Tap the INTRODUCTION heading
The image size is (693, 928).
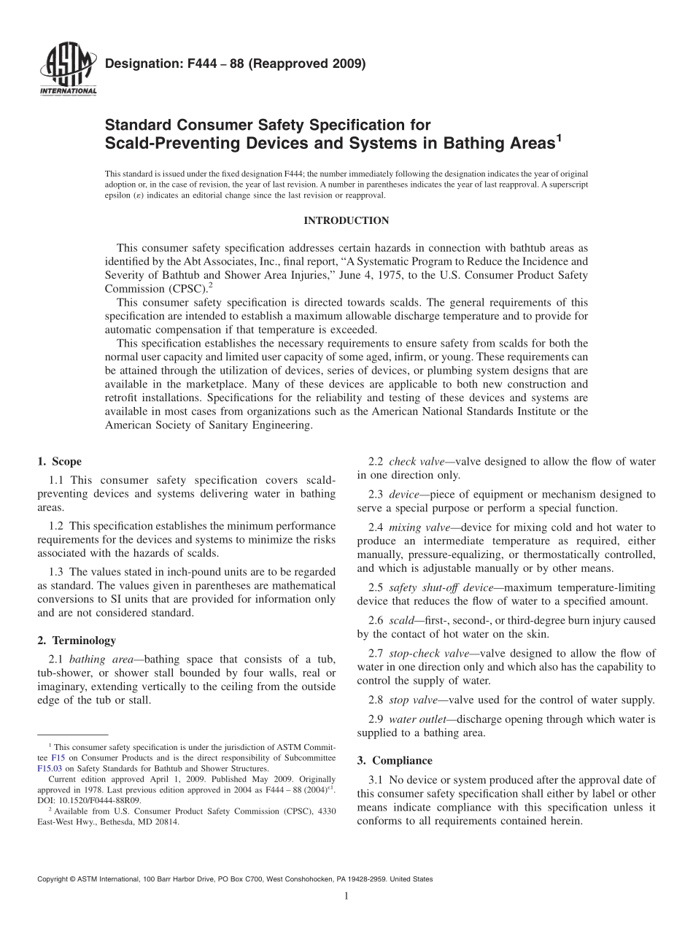pyautogui.click(x=346, y=220)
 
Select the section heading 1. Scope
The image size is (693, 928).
pyautogui.click(x=59, y=461)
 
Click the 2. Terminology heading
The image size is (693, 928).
pyautogui.click(x=76, y=640)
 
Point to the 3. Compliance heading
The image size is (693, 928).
pyautogui.click(x=394, y=759)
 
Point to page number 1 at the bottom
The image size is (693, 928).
pyautogui.click(x=346, y=897)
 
